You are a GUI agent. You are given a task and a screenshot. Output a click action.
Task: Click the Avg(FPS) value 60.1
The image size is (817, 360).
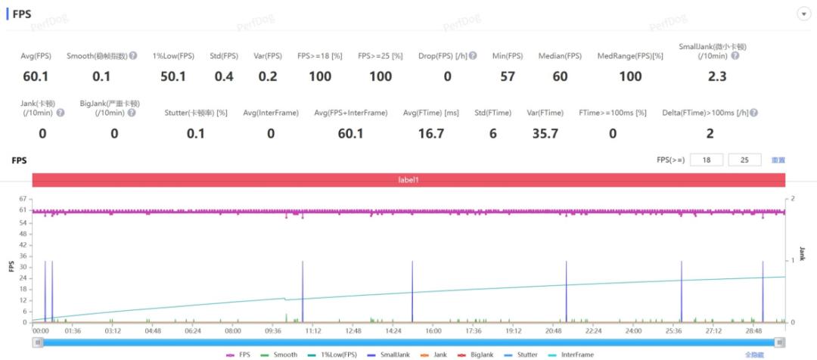pyautogui.click(x=35, y=76)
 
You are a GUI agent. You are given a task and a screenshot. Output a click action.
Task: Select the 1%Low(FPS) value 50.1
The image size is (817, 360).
pyautogui.click(x=173, y=76)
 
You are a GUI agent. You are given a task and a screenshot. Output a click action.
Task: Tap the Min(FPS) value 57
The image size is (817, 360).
pyautogui.click(x=508, y=76)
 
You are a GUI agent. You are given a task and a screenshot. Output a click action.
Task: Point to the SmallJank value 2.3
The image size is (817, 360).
pyautogui.click(x=716, y=76)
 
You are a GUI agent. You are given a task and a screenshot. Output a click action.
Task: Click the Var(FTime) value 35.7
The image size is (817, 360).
pyautogui.click(x=545, y=133)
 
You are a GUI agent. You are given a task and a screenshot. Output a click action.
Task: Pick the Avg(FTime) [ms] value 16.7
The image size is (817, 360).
pyautogui.click(x=430, y=133)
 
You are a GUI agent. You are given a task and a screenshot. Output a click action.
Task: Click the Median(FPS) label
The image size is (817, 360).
pyautogui.click(x=560, y=56)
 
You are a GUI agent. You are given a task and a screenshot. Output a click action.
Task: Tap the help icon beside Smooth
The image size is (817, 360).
pyautogui.click(x=133, y=56)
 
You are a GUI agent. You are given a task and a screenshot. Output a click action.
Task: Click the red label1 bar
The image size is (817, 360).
pyautogui.click(x=408, y=180)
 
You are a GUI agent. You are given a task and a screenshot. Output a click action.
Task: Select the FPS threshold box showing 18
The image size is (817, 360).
pyautogui.click(x=707, y=160)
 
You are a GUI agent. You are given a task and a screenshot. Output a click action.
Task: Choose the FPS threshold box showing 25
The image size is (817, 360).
pyautogui.click(x=745, y=160)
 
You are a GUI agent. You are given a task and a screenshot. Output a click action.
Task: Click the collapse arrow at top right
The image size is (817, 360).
pyautogui.click(x=803, y=15)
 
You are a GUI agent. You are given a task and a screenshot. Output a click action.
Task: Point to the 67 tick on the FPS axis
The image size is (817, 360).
pyautogui.click(x=23, y=199)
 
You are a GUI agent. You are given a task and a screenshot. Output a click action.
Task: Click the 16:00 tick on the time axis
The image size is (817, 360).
pyautogui.click(x=433, y=331)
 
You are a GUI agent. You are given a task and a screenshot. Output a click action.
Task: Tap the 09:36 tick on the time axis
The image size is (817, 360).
pyautogui.click(x=273, y=331)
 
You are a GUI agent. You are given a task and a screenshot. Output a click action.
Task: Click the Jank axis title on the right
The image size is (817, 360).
pyautogui.click(x=803, y=254)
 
